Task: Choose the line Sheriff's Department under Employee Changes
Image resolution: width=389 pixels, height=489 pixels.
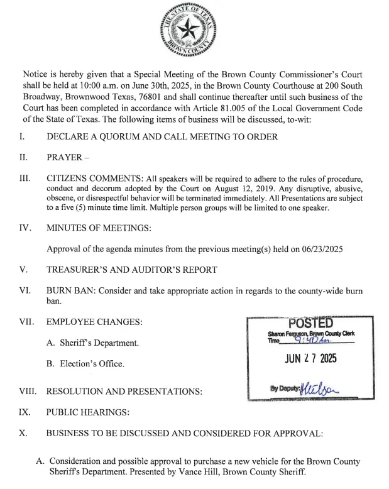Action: click(92, 343)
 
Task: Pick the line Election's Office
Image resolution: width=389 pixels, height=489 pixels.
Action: click(85, 363)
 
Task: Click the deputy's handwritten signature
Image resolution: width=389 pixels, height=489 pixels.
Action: click(321, 387)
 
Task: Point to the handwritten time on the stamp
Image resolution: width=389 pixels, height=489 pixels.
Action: click(302, 341)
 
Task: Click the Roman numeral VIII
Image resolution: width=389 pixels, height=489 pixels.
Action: click(27, 392)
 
